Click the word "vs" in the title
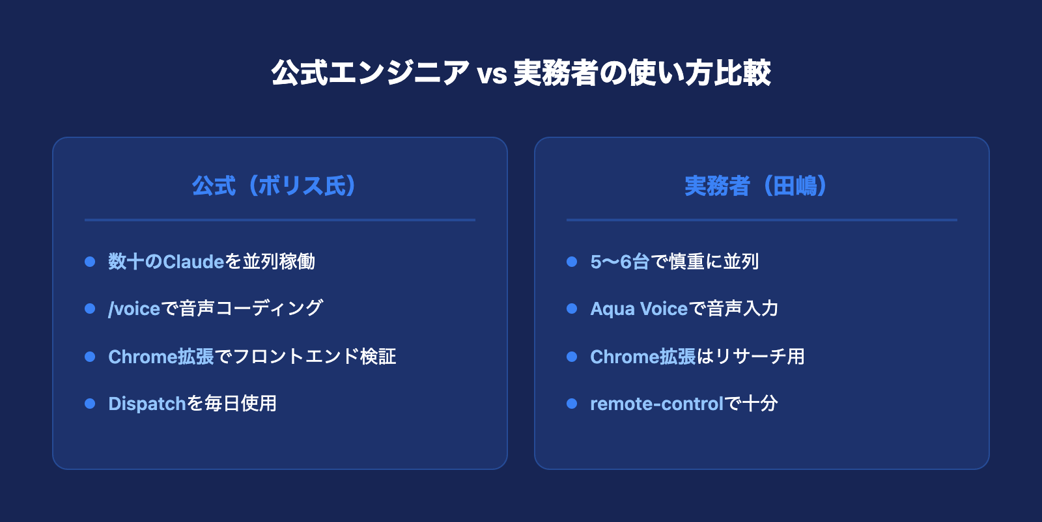coord(492,74)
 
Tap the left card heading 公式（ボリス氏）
coord(274,186)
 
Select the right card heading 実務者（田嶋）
coord(756,186)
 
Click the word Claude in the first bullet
coord(193,262)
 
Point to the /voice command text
coord(134,309)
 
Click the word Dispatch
coord(147,404)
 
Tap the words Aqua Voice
coord(639,309)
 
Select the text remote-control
coord(657,404)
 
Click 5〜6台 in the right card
coord(619,262)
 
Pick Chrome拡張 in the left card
coord(161,357)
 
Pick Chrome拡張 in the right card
coord(643,357)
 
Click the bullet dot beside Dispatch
coord(90,404)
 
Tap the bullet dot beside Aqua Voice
coord(572,309)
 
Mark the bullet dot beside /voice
coord(90,309)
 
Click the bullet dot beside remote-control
coord(572,404)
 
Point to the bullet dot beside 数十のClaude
coord(90,262)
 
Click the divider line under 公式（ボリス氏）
coord(280,220)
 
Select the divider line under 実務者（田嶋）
coord(762,220)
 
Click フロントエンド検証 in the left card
coord(315,357)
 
